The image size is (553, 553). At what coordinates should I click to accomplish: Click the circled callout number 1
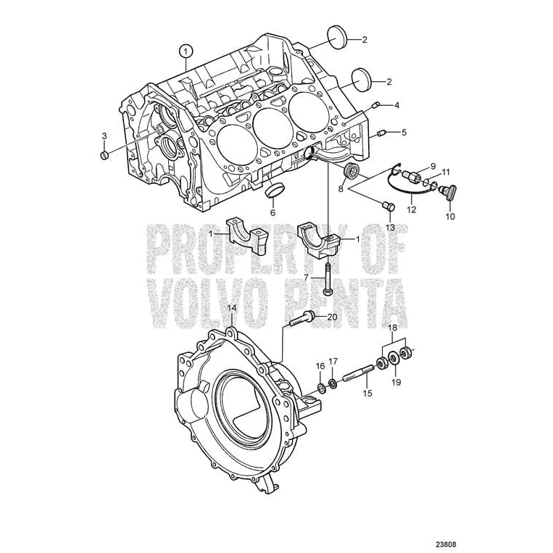tap(186, 51)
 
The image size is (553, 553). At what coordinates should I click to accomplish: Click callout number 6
tap(273, 212)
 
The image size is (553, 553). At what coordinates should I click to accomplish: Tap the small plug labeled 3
tap(104, 155)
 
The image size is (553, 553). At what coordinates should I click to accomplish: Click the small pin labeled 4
tap(376, 106)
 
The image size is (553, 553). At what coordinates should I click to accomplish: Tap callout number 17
tap(333, 361)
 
